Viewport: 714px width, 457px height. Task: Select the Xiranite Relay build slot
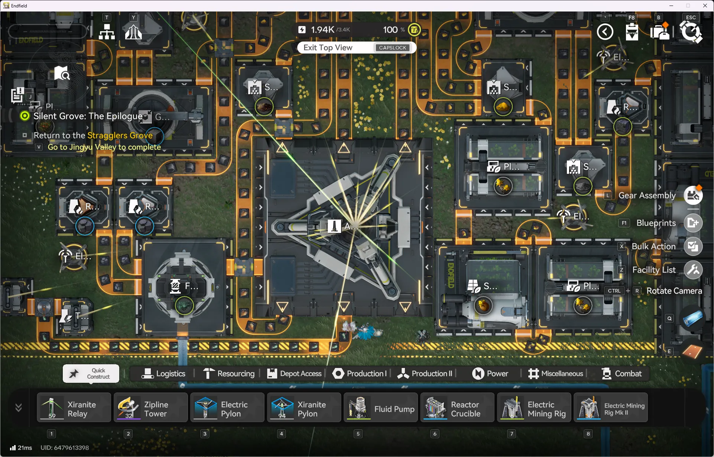pos(74,408)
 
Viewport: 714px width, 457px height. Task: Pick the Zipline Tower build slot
pos(150,408)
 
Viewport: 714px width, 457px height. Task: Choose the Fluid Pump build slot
pos(380,408)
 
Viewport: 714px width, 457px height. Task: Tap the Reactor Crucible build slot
pos(457,408)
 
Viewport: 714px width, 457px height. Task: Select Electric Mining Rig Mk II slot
pos(610,408)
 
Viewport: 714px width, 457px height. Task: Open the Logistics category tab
pos(163,374)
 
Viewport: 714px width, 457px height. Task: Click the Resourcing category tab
pos(228,374)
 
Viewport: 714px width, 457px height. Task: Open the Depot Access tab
pos(294,374)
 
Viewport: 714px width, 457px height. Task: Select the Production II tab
pos(425,374)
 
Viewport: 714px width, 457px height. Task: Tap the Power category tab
pos(490,374)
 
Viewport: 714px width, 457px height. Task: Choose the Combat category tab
pos(621,374)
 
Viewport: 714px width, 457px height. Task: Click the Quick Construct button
pos(91,374)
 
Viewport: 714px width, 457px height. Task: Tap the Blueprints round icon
pos(693,223)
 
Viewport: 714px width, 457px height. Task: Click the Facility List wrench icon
pos(693,270)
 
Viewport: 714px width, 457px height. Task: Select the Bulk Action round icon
pos(693,246)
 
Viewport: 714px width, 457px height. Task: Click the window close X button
pos(705,6)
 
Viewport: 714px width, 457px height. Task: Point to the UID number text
pos(65,448)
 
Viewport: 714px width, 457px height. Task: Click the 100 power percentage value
pos(390,30)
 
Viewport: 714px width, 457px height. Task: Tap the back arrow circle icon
pos(605,32)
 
